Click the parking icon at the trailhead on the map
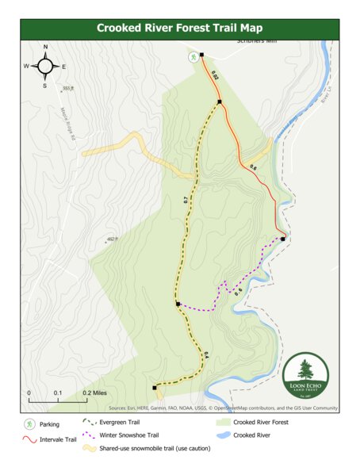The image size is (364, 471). click(193, 57)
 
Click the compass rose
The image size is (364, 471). click(45, 66)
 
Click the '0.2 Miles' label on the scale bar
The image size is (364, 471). click(94, 392)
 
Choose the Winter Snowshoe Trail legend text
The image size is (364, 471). click(129, 435)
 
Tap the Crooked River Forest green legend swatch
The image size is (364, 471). click(223, 422)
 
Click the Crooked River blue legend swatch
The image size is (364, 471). click(223, 435)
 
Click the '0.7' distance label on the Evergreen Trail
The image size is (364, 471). click(186, 201)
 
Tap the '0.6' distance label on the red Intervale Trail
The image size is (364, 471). click(254, 167)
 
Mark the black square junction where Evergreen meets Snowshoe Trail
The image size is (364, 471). click(178, 304)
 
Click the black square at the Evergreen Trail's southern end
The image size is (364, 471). click(154, 388)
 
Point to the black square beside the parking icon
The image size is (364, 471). click(202, 55)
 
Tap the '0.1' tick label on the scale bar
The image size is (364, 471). click(58, 392)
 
